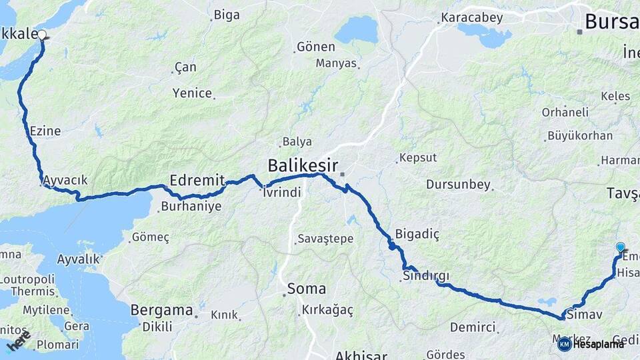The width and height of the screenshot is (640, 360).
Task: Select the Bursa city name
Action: click(611, 22)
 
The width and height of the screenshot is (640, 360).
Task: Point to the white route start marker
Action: click(42, 35)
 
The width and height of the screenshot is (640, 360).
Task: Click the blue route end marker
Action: click(621, 247)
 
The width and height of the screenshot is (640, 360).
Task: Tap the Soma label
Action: click(307, 289)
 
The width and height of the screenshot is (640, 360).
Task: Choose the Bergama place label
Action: click(161, 310)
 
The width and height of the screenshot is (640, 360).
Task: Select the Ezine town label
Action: click(45, 131)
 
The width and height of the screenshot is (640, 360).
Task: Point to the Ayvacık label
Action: click(65, 181)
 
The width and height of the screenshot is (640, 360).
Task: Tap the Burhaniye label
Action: click(191, 207)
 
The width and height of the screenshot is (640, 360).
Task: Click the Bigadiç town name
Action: click(417, 234)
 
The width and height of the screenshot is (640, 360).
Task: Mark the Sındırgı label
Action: click(426, 276)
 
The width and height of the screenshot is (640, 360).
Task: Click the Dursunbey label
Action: click(458, 185)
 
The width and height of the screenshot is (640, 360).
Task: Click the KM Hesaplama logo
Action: click(591, 344)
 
